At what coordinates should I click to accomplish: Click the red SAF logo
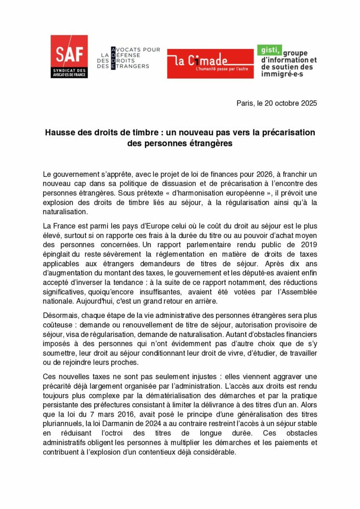pos(69,56)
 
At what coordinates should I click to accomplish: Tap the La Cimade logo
pos(210,63)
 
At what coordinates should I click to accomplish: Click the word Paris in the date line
pos(245,103)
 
